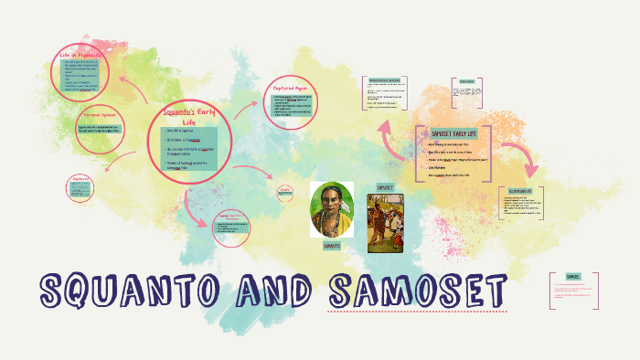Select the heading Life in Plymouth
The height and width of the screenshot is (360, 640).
pyautogui.click(x=80, y=55)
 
